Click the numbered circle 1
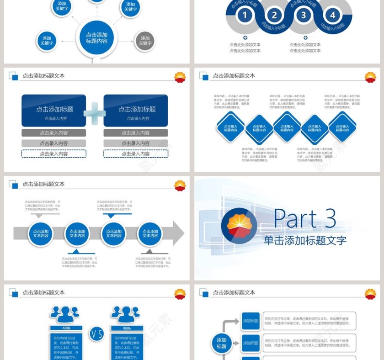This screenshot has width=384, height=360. [245, 16]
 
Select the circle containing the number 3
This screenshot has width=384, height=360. [303, 16]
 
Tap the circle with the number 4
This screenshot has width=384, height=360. [332, 16]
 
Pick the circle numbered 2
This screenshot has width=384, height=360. [274, 16]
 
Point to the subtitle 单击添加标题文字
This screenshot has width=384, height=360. [305, 240]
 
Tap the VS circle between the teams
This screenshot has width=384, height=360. [96, 334]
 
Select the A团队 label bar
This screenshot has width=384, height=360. [66, 328]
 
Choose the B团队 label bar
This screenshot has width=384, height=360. [127, 328]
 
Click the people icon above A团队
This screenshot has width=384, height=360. [65, 314]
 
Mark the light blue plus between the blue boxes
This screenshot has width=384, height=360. [95, 113]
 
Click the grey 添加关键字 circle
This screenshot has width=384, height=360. [145, 41]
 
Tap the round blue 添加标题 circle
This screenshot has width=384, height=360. [222, 343]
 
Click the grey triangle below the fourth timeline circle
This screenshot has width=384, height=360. [149, 252]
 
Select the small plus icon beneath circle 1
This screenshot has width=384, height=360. [245, 38]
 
